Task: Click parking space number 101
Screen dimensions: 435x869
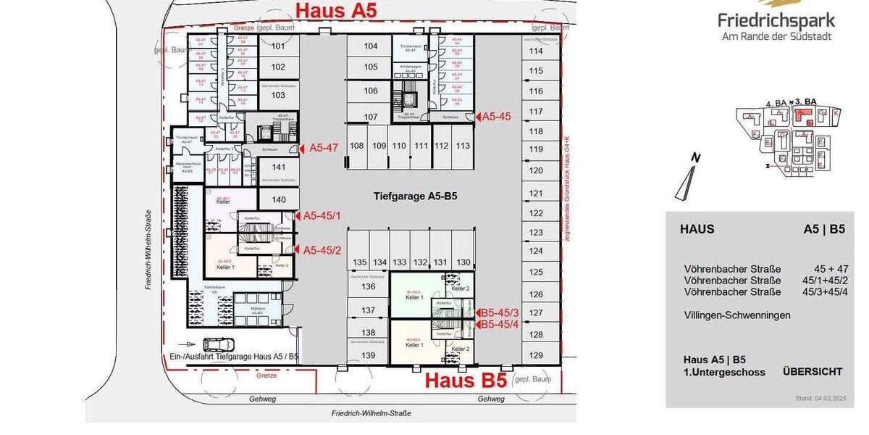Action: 278,46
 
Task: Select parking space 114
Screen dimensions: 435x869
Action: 536,51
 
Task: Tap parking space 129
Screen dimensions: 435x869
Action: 536,355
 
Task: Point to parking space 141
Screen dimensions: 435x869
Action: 278,167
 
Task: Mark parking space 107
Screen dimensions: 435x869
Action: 371,117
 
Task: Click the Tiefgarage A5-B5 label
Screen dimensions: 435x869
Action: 415,196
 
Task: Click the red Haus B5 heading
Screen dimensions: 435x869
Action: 465,380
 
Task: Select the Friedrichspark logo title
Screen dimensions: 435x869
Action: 776,20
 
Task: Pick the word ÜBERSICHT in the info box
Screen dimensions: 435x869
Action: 813,372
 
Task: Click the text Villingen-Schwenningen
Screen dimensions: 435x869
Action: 737,315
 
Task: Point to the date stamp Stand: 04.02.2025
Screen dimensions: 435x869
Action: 820,399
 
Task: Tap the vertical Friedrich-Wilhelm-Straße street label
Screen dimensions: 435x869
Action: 148,250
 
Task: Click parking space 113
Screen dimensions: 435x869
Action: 463,146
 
